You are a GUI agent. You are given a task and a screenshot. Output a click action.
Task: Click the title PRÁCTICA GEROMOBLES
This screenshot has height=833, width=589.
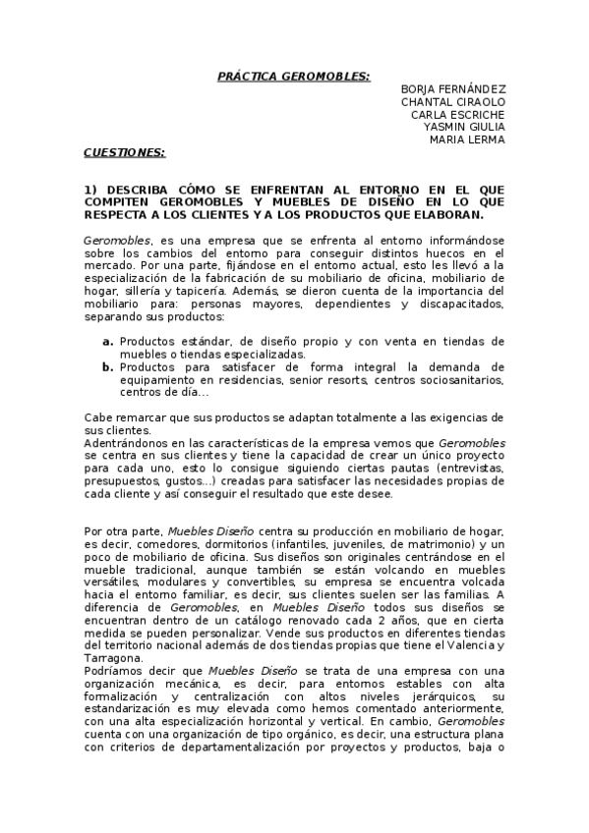pos(293,76)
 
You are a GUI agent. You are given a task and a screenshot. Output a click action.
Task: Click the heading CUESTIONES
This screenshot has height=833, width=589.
pos(124,153)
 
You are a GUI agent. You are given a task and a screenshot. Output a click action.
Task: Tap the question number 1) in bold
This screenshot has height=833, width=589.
pos(89,189)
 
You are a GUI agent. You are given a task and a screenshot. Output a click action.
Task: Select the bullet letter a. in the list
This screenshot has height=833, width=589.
pos(108,341)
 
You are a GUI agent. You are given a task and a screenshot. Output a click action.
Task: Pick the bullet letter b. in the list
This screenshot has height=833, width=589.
pos(108,366)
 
